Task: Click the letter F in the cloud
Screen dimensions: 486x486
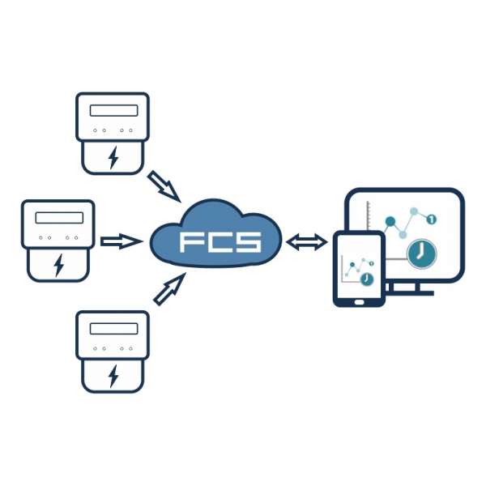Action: [x=190, y=242]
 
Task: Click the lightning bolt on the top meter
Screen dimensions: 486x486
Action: [x=113, y=157]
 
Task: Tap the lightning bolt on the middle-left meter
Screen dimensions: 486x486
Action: [x=58, y=266]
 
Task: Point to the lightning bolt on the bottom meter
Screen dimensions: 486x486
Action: [x=113, y=376]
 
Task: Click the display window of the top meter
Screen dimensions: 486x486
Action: [x=113, y=111]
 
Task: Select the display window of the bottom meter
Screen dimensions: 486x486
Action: [x=113, y=329]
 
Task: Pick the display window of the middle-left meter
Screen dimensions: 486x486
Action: [x=59, y=218]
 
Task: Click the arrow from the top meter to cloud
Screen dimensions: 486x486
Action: [x=164, y=186]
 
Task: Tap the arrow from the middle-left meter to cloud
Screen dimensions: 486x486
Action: [x=122, y=241]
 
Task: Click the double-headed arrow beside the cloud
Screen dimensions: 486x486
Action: [x=306, y=241]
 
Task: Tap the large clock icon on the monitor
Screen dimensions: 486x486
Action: [x=421, y=254]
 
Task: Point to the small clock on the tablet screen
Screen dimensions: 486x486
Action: [x=367, y=279]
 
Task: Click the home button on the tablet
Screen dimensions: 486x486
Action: [x=359, y=301]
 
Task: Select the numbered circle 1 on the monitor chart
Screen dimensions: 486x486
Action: [x=431, y=220]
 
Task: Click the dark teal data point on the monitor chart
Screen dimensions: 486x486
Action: [x=390, y=221]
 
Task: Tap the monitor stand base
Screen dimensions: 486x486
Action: [x=408, y=293]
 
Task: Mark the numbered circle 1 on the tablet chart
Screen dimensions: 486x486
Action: [x=371, y=263]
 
